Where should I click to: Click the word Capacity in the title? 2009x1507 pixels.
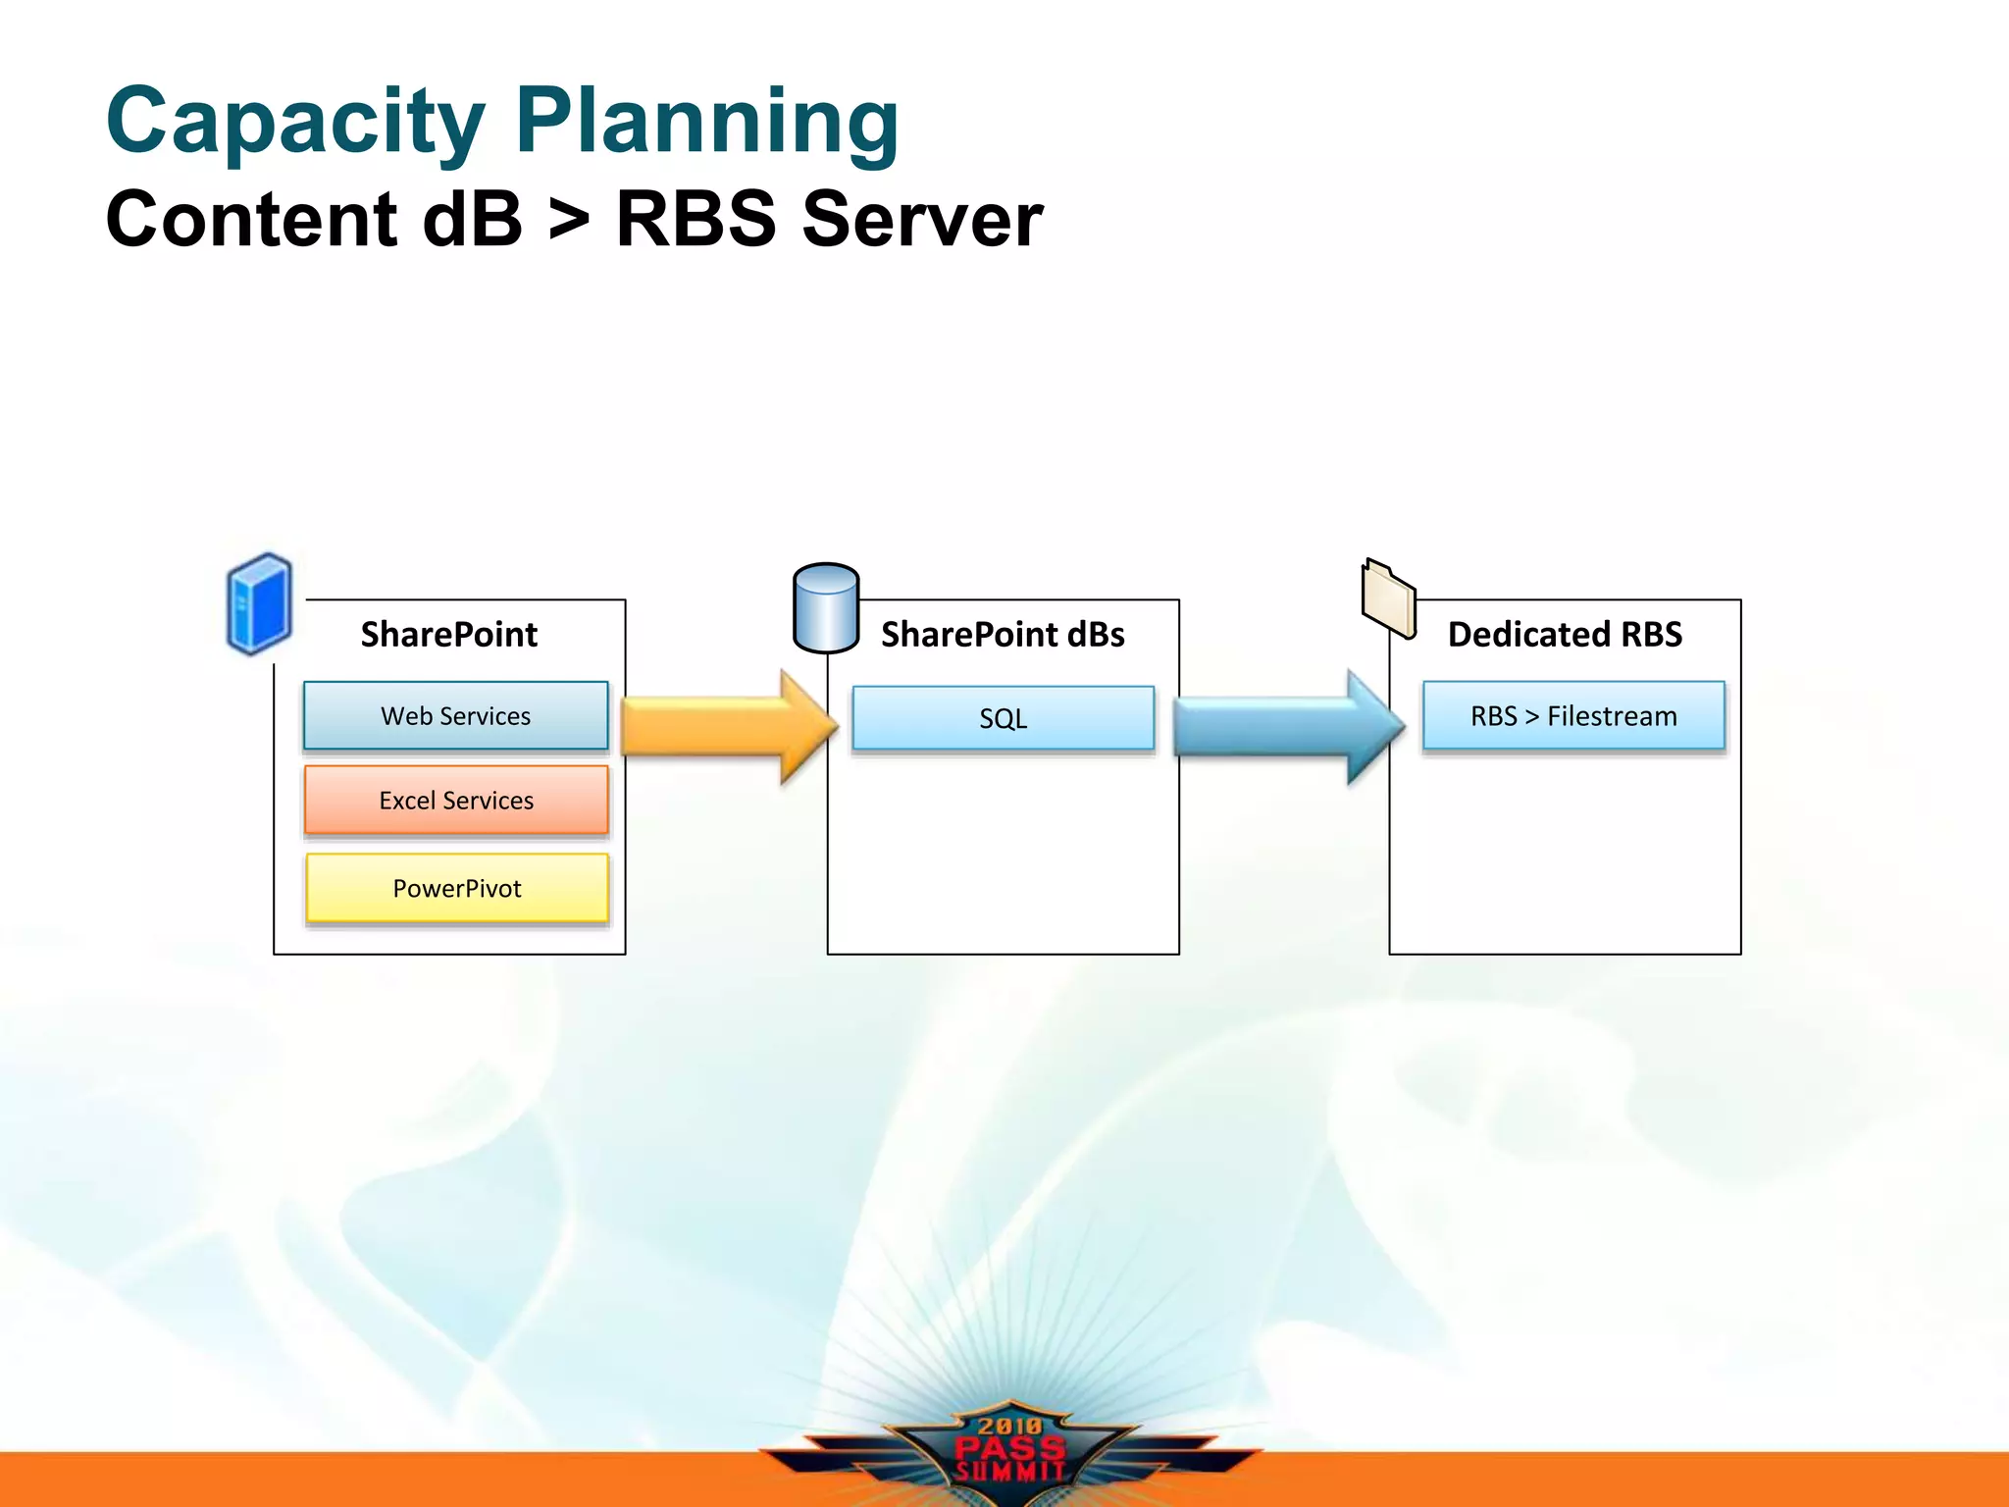click(294, 123)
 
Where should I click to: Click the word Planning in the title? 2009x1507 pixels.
click(706, 123)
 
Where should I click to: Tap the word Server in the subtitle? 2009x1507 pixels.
click(922, 220)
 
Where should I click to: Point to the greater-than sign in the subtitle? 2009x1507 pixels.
click(569, 220)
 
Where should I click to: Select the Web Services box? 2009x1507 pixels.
click(456, 716)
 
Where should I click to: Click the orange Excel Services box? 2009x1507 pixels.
click(456, 801)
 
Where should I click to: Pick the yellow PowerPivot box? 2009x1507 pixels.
click(457, 889)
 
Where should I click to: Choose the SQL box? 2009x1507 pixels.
click(1003, 718)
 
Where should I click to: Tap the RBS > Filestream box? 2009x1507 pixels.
click(1573, 716)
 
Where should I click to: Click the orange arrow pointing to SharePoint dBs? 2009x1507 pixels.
click(726, 727)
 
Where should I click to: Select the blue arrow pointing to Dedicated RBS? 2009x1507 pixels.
click(1285, 727)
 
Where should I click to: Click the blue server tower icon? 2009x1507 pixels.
click(259, 603)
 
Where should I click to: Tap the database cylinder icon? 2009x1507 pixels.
click(826, 608)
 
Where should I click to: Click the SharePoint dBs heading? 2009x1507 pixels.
click(1003, 635)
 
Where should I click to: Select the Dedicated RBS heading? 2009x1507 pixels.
click(1565, 635)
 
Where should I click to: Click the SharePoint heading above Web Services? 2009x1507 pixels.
click(449, 635)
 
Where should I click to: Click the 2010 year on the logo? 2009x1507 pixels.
click(1010, 1426)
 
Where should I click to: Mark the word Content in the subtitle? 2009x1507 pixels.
click(251, 220)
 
